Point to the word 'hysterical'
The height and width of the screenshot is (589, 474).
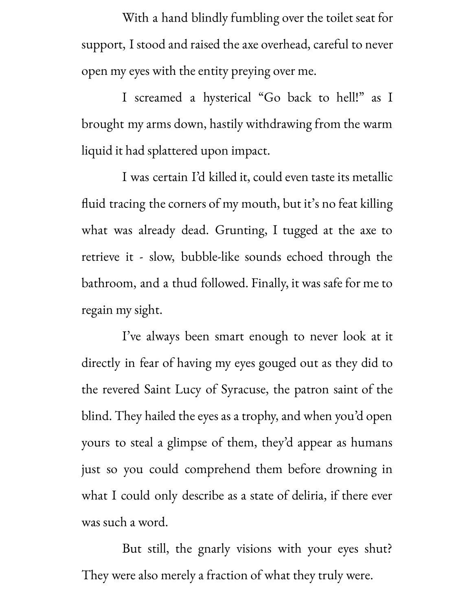pos(227,98)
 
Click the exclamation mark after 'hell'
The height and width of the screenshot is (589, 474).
pos(357,97)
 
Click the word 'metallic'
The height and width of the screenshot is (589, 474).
pos(372,177)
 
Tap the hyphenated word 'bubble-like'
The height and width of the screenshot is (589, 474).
pos(210,257)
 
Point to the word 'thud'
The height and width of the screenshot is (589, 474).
pos(184,284)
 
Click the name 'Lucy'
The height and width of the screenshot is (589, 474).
pos(188,390)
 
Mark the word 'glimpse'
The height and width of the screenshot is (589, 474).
pos(187,443)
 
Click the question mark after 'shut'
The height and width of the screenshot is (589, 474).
pos(390,549)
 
